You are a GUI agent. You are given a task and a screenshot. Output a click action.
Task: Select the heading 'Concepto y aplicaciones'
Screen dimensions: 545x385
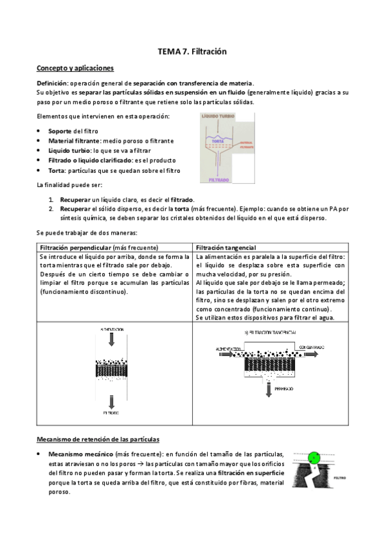[x=75, y=67]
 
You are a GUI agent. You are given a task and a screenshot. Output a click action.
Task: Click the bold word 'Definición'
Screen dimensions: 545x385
[x=52, y=84]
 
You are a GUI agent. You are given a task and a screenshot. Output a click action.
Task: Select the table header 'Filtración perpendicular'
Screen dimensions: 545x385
[x=75, y=247]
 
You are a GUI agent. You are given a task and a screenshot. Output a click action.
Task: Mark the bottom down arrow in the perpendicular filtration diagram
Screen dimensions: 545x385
[x=113, y=400]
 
